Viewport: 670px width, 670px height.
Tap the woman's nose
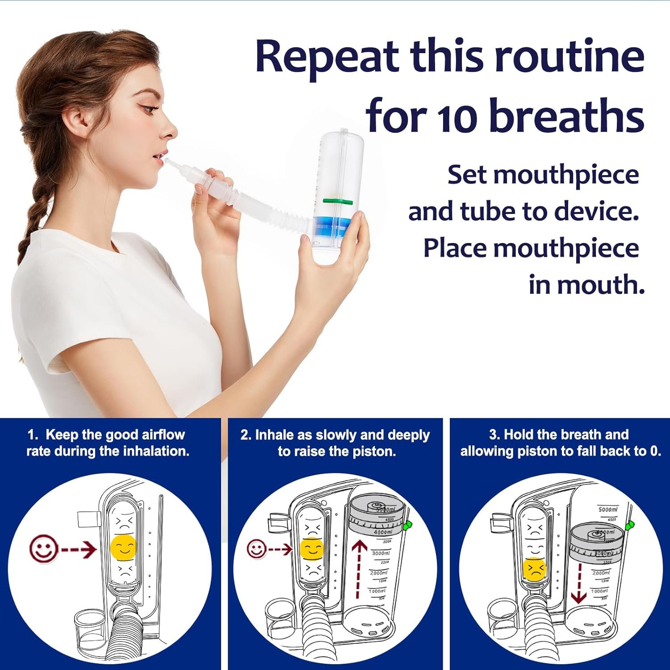point(170,130)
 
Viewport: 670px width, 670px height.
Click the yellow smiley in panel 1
point(124,547)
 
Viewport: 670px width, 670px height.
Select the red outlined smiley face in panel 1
point(43,548)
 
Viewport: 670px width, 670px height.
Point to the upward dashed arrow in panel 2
point(358,569)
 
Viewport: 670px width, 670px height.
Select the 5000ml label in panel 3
point(608,510)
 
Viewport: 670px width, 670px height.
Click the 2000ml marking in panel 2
point(378,572)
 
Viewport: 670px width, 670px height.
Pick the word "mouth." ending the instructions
point(586,285)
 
